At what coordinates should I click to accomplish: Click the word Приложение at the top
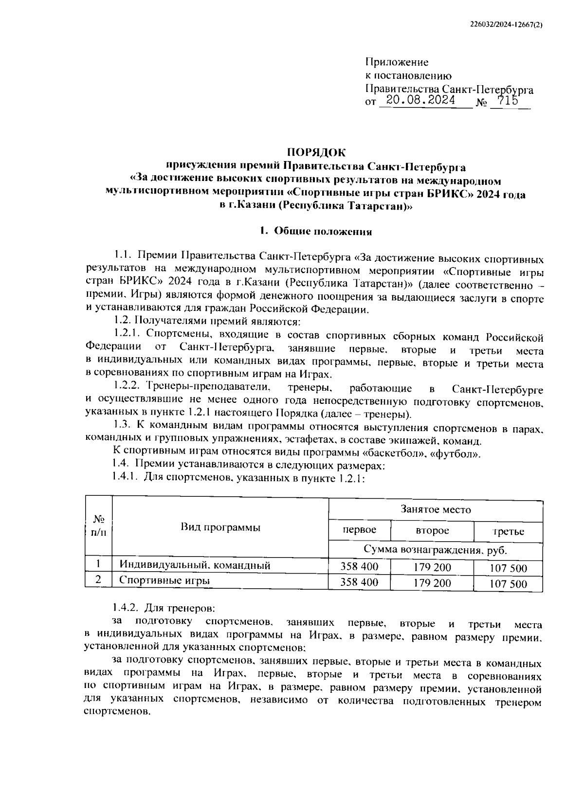(x=397, y=62)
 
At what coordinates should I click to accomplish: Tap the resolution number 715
(x=505, y=101)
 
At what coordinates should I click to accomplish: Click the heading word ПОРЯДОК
(x=315, y=152)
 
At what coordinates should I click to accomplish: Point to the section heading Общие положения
(x=323, y=231)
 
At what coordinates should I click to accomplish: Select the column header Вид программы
(x=220, y=527)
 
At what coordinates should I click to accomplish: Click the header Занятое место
(x=436, y=509)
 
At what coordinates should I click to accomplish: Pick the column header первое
(x=359, y=530)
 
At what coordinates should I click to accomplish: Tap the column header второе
(x=432, y=530)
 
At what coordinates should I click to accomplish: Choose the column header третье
(x=508, y=531)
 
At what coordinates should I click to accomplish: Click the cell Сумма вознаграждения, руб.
(x=436, y=550)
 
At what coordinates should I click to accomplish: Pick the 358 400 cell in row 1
(x=359, y=566)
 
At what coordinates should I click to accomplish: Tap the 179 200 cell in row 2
(x=432, y=583)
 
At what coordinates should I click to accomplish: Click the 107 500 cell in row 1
(x=508, y=568)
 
